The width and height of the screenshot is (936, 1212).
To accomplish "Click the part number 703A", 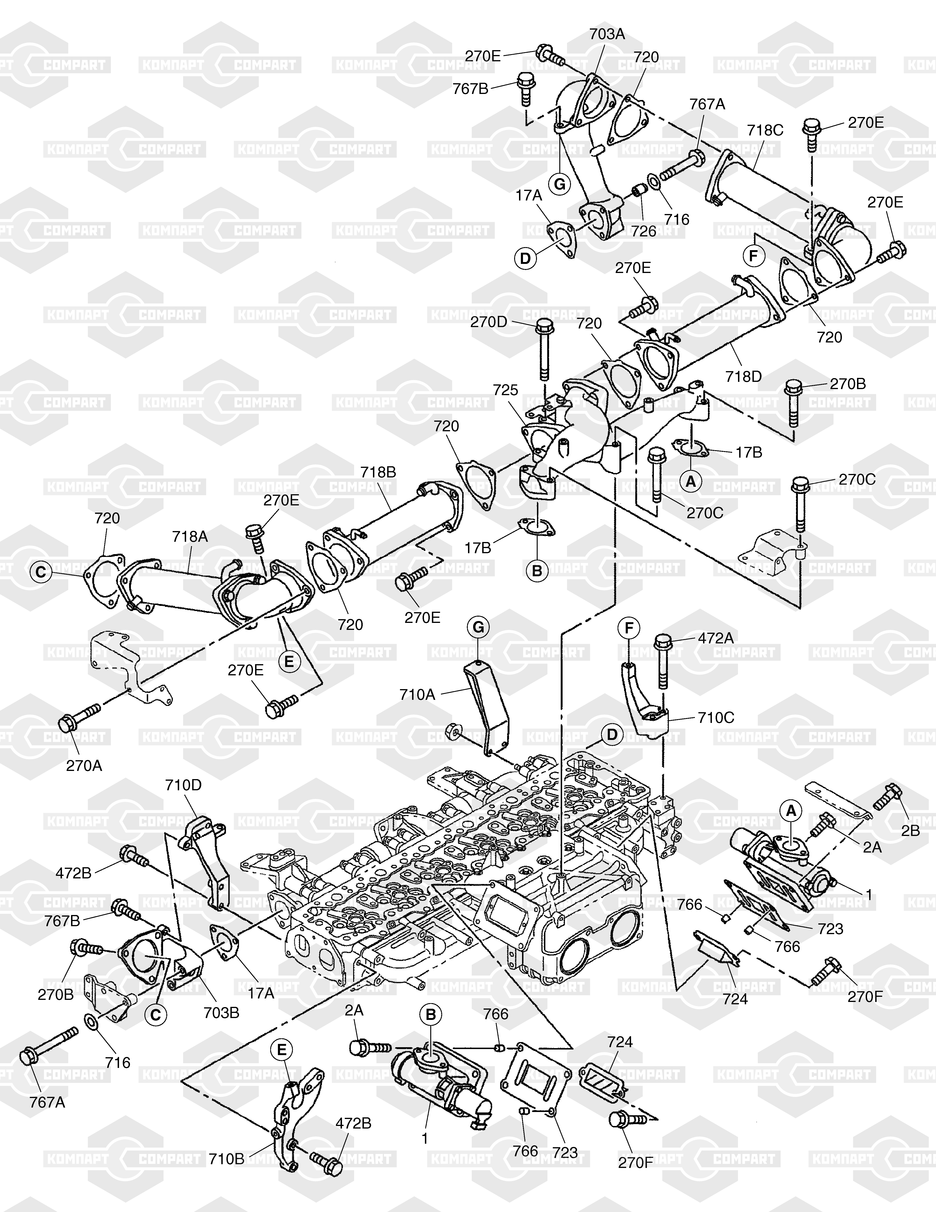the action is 607,35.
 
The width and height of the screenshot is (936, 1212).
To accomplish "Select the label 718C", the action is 765,130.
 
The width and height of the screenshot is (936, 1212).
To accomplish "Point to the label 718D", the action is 744,377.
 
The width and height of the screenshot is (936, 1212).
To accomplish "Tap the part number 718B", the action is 378,472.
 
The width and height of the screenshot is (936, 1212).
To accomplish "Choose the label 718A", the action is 190,537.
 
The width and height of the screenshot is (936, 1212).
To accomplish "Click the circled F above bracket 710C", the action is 629,628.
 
